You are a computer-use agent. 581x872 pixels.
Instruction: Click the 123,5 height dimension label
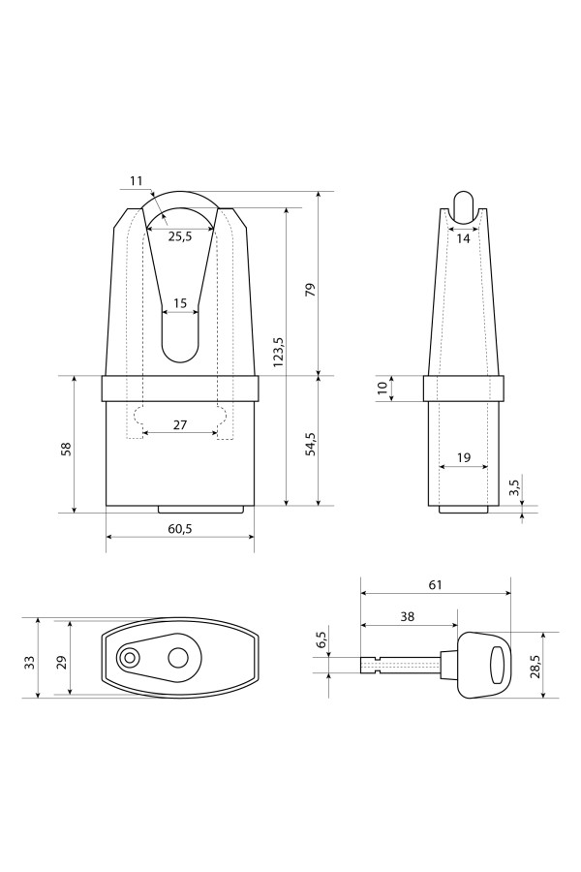tap(279, 352)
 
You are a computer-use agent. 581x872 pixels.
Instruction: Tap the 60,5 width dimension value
tap(179, 529)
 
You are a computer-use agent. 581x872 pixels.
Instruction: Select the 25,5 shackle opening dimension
tap(179, 236)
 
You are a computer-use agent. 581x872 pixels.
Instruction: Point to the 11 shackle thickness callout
tap(137, 181)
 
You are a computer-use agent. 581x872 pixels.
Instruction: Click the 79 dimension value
tap(311, 289)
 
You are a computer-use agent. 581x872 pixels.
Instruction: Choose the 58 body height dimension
tap(65, 449)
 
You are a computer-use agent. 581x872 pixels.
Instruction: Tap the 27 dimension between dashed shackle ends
tap(179, 425)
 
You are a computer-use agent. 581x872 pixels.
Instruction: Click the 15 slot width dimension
tap(179, 303)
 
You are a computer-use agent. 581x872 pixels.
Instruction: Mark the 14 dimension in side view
tap(463, 238)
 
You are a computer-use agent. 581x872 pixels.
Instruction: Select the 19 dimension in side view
tap(463, 457)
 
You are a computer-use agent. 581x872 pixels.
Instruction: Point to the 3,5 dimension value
tap(514, 487)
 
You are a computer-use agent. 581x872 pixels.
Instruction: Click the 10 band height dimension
tap(382, 389)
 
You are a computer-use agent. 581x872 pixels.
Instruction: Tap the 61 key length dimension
tap(436, 584)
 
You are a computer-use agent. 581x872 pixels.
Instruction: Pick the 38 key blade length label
tap(408, 616)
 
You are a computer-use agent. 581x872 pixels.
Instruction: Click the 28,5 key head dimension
tap(535, 665)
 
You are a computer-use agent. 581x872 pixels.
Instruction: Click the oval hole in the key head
tap(500, 665)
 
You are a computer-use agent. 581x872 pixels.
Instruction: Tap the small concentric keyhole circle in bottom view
tap(130, 658)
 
